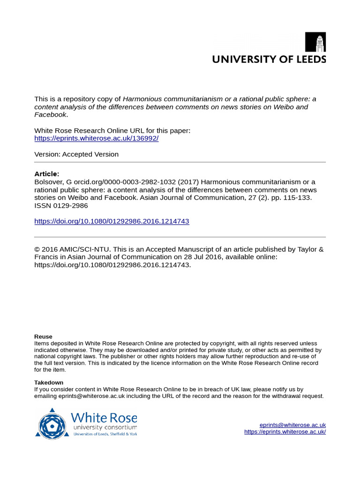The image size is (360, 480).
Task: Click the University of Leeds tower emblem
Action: coord(315,42)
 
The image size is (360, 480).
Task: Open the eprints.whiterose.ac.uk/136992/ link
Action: coord(96,138)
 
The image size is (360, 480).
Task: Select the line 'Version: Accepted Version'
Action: coord(76,154)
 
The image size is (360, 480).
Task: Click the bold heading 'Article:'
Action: coord(47,174)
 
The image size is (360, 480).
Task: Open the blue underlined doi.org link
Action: coord(112,221)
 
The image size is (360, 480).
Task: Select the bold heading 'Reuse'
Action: coord(43,337)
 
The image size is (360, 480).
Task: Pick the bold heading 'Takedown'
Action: coord(49,382)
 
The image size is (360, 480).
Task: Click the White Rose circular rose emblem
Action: coord(52,423)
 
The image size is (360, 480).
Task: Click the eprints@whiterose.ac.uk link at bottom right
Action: coord(292,425)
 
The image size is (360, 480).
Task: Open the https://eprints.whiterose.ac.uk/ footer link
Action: coord(285,432)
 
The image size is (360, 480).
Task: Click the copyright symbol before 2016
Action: coord(37,249)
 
